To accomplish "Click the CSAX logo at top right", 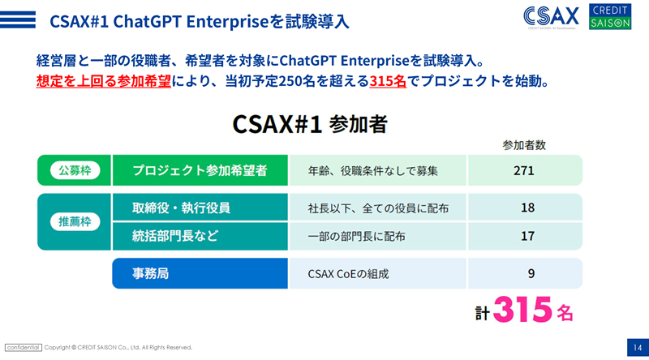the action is click(551, 17).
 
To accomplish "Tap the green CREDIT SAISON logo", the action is click(610, 16).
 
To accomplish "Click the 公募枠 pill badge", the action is click(75, 170).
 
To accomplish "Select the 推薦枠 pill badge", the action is click(75, 222).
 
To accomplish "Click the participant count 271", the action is click(523, 170).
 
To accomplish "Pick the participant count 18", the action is click(527, 208).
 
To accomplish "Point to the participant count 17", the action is click(527, 236).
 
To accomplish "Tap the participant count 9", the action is click(531, 273).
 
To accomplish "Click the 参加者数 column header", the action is click(524, 145).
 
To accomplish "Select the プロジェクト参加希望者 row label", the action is click(200, 170).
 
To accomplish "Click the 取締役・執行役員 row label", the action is click(181, 208).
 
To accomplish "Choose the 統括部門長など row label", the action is click(175, 236).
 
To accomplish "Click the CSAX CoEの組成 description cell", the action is click(349, 274).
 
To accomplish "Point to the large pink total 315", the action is click(522, 310).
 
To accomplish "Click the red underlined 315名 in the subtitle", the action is click(388, 81).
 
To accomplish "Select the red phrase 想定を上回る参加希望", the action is click(104, 81).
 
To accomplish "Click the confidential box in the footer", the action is click(24, 348).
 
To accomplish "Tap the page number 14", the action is click(638, 348).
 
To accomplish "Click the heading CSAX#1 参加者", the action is click(310, 124).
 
